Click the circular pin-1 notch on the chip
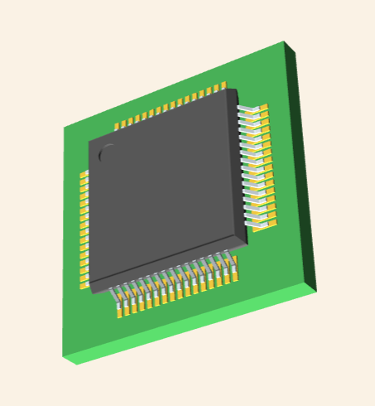[107, 152]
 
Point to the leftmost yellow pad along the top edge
[118, 125]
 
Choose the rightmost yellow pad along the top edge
[223, 85]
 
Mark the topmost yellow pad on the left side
[84, 176]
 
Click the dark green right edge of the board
[301, 166]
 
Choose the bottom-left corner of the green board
[64, 359]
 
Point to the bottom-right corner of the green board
[316, 291]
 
